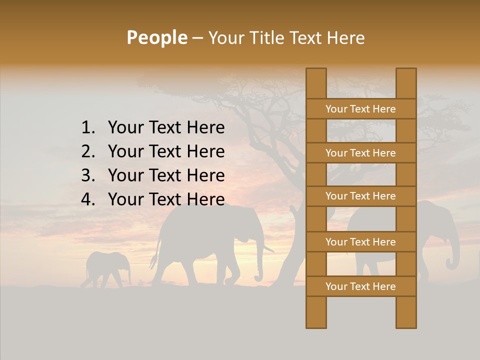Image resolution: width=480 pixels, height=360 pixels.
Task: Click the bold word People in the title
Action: click(157, 37)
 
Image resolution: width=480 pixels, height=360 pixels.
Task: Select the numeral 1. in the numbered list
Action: click(88, 128)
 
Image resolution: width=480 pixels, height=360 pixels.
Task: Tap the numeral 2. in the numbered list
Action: click(88, 151)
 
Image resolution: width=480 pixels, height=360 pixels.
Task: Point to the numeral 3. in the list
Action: click(88, 175)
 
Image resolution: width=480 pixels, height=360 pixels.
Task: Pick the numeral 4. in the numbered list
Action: click(88, 199)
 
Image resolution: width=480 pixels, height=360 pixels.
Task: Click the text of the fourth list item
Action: click(166, 199)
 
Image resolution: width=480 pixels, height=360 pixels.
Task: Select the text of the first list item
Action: click(166, 128)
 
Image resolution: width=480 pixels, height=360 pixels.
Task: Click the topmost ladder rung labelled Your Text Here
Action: click(360, 109)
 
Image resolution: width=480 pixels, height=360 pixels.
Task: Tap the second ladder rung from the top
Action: click(360, 153)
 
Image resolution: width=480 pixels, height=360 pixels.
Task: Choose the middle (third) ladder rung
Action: click(360, 196)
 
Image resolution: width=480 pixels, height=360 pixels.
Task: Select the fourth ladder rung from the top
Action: click(360, 242)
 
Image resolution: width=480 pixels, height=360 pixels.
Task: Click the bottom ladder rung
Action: click(360, 286)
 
